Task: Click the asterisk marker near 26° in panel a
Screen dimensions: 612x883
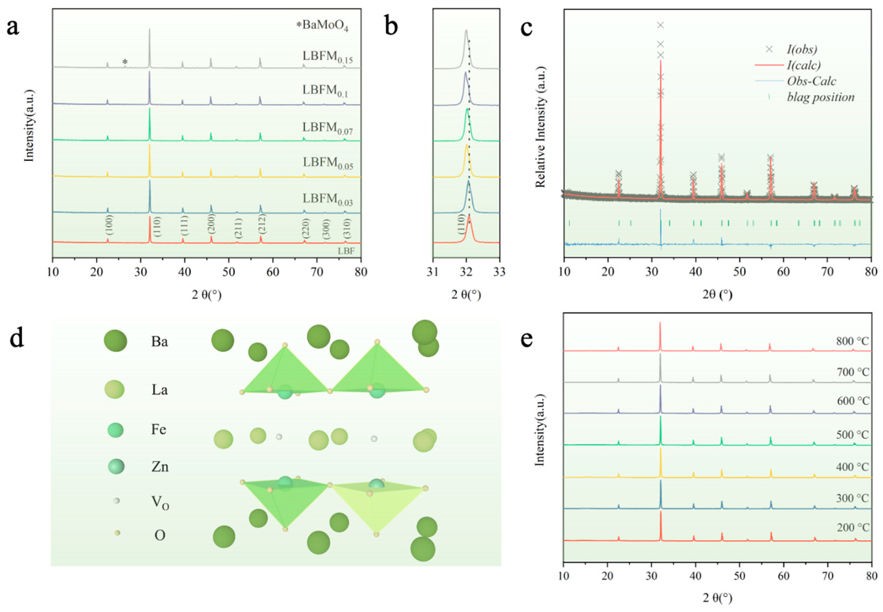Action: click(x=125, y=62)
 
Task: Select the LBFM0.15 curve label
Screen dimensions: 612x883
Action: click(x=327, y=57)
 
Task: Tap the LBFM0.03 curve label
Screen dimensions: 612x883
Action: click(x=327, y=199)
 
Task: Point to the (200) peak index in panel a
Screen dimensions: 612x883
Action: click(x=211, y=224)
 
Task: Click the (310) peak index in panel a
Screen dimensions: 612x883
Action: click(x=347, y=228)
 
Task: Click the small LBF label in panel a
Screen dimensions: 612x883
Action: click(x=346, y=251)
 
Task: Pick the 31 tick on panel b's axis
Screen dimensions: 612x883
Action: click(x=433, y=272)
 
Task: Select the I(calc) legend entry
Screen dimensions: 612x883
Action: click(x=803, y=65)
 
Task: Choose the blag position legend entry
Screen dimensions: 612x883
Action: click(x=820, y=97)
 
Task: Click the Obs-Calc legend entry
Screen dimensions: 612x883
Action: click(x=811, y=81)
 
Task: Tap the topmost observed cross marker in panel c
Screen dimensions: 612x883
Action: click(x=660, y=25)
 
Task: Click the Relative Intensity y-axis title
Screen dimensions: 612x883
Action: click(x=540, y=127)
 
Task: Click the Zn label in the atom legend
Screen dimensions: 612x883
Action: click(x=159, y=467)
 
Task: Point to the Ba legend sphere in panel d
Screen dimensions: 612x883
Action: click(x=115, y=340)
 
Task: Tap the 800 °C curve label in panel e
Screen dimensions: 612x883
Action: click(x=852, y=341)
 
